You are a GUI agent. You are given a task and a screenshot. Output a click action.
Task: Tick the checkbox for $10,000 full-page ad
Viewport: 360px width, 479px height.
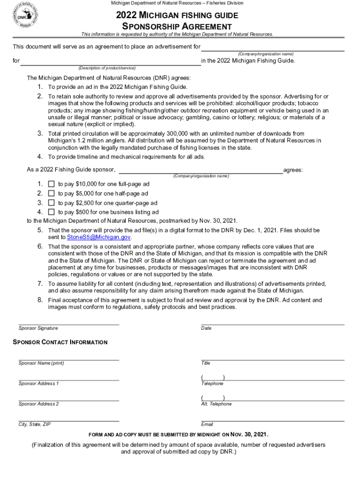click(51, 184)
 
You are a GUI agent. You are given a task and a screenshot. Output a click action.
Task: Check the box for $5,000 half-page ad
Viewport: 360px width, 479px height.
click(51, 193)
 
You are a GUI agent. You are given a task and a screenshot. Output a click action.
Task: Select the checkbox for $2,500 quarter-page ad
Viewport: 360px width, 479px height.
click(51, 203)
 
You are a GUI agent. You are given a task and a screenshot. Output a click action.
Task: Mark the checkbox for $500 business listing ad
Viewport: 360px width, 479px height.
click(51, 212)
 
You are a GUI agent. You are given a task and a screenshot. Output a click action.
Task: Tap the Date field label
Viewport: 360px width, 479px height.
click(206, 328)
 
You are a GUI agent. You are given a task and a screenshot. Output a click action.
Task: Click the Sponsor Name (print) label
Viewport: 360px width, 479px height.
click(41, 363)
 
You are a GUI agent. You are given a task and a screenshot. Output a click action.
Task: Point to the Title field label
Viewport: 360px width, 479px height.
click(206, 363)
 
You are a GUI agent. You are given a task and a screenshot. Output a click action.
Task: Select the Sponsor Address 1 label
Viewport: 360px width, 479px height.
click(39, 384)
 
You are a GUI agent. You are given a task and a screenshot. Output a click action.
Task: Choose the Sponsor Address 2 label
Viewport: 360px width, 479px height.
click(39, 404)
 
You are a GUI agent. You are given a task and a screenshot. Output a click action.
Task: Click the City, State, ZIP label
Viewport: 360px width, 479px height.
click(35, 424)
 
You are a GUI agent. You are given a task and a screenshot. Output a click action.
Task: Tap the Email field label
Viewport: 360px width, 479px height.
click(207, 424)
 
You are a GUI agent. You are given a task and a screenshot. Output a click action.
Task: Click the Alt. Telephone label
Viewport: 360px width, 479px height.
click(216, 404)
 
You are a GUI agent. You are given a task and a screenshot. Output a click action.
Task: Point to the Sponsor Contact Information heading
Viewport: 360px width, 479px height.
click(60, 342)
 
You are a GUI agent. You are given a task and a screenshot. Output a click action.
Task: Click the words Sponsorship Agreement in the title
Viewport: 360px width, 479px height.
click(177, 27)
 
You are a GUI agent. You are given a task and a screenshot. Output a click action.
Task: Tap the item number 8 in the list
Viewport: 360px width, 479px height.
click(40, 300)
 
